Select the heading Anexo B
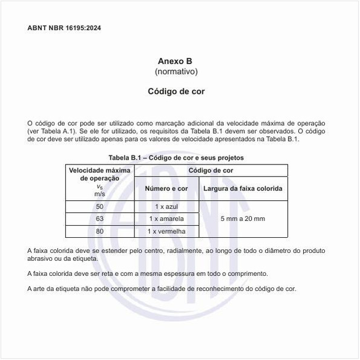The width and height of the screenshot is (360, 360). tap(175, 61)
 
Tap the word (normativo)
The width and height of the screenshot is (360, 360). tap(176, 72)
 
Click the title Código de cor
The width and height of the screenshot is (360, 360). tap(176, 92)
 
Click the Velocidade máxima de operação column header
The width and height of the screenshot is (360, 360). tap(100, 174)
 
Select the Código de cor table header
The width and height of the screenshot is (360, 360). tap(211, 171)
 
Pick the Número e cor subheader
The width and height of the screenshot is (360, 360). tap(166, 189)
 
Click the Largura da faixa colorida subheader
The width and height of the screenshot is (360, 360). tap(243, 189)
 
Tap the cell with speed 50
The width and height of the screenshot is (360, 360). tap(100, 207)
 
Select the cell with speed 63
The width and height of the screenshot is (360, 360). tap(100, 218)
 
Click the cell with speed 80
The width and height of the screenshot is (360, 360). tap(100, 231)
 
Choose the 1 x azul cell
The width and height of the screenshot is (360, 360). tap(166, 207)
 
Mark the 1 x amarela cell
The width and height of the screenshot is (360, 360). tap(166, 218)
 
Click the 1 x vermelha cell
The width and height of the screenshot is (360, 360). tap(166, 231)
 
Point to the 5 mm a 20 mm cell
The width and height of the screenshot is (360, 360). tap(243, 218)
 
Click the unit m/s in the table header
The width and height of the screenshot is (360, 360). tap(100, 194)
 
